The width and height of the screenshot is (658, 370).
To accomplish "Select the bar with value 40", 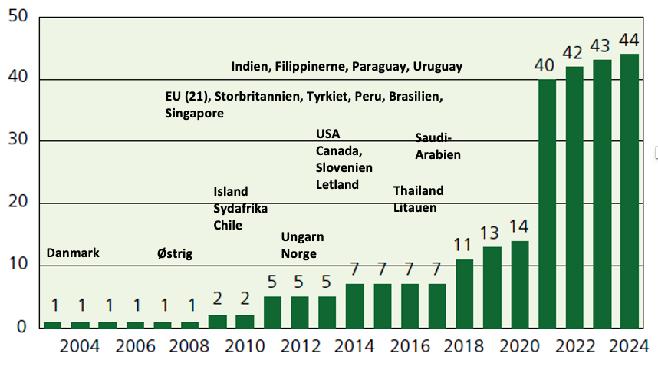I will point(547,203).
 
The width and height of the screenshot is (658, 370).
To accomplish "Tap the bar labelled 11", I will point(464,293).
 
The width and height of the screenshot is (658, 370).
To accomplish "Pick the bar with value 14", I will point(519,284).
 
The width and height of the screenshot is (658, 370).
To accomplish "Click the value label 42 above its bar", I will point(574,56).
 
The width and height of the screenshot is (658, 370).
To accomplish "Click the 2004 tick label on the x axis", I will point(80,346).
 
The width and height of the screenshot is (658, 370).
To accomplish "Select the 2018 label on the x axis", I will point(464,346).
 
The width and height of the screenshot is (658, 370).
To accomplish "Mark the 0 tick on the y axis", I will point(23,328).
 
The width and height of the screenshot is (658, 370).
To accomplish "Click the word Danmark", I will point(74,253).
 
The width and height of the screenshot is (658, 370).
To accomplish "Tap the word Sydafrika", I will point(240,208).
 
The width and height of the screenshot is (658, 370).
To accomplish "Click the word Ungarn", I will point(302,236).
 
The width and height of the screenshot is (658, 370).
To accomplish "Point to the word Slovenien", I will point(344,167).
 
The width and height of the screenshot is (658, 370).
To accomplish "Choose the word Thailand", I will point(418,190).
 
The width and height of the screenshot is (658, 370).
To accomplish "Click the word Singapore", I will point(194,114).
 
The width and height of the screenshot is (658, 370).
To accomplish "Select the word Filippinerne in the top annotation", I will point(310,67).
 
